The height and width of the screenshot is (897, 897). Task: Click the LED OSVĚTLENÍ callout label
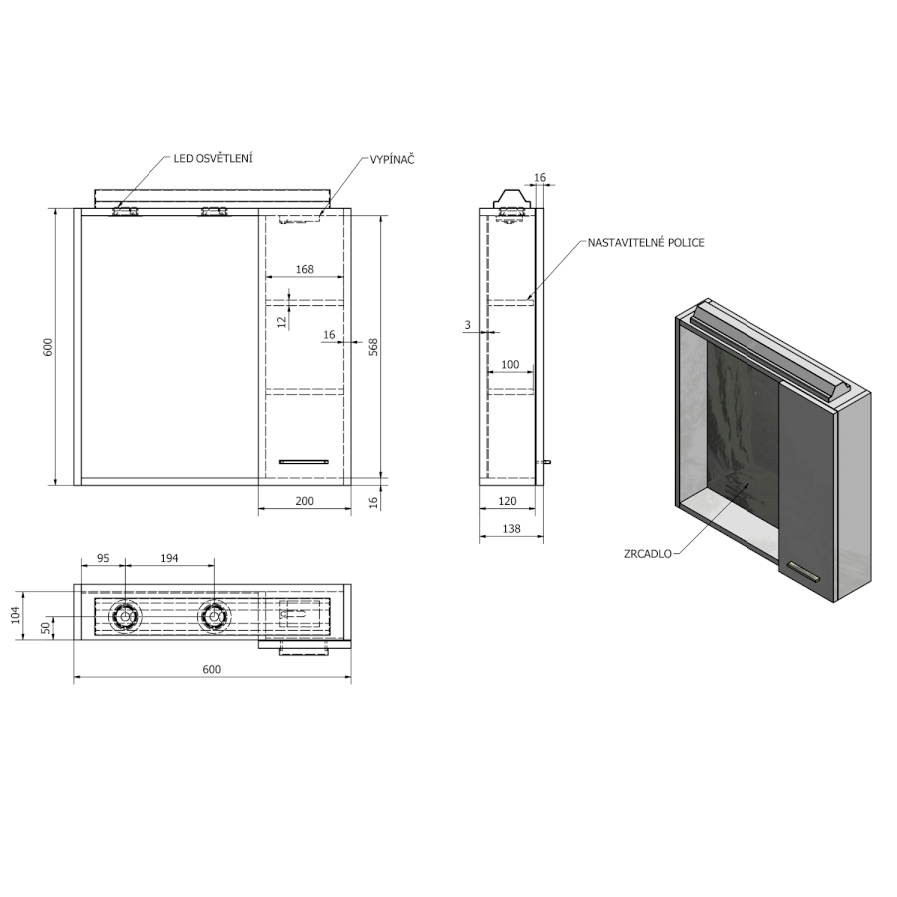point(213,159)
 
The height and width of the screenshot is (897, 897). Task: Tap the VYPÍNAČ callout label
point(392,160)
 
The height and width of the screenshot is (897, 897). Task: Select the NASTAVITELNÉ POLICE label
point(646,242)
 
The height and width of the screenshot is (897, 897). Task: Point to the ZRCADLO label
point(648,554)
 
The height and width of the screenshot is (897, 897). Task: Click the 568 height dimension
point(373,347)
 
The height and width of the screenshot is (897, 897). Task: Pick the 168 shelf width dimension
point(304,269)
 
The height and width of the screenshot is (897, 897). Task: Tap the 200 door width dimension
point(304,501)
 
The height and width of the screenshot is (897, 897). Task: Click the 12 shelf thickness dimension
point(281,322)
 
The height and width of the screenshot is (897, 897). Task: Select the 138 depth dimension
point(511,528)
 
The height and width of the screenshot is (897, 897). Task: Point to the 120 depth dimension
point(507,501)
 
